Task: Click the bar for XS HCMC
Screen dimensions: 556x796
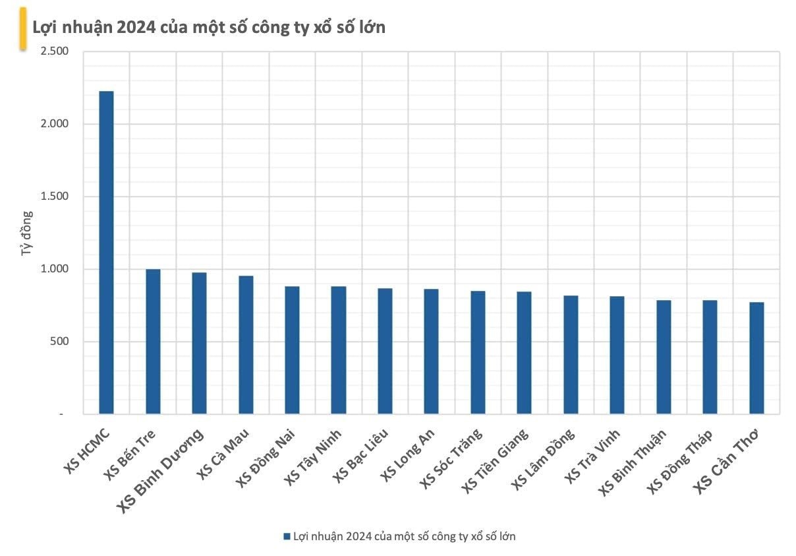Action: pos(106,253)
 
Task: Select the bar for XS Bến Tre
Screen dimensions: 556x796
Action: pos(153,342)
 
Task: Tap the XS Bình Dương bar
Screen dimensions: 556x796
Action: pos(199,344)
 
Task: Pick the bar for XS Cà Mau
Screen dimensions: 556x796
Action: pos(246,345)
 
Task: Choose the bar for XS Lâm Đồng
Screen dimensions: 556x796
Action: pos(571,355)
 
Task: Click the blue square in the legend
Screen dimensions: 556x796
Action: pos(287,537)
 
